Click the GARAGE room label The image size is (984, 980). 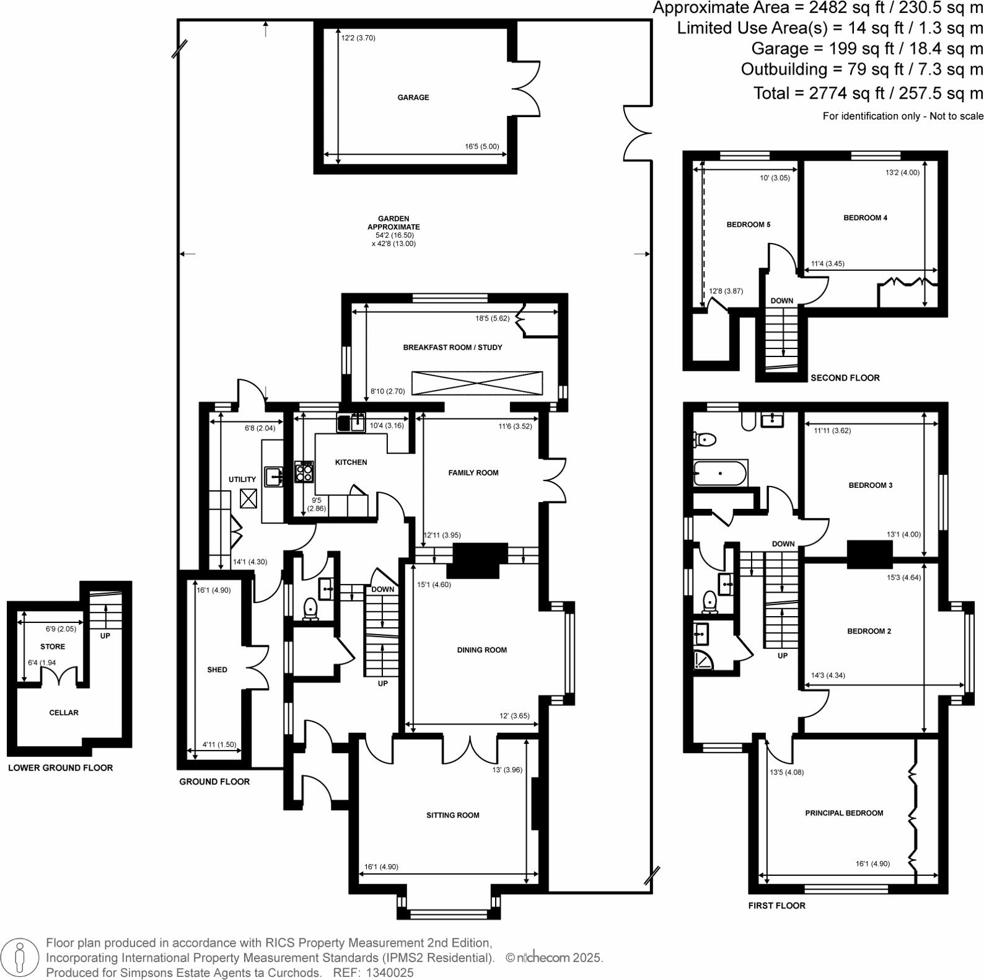413,97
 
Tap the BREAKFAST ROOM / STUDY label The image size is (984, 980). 452,347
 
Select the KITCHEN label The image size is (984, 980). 351,462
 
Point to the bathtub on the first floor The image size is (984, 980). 721,474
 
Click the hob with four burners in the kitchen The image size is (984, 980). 304,473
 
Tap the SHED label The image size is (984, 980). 217,669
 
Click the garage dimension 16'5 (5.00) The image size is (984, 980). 481,147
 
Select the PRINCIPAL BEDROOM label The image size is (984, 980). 844,813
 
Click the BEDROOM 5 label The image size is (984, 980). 748,224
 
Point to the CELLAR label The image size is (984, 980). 64,713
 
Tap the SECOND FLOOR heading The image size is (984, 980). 845,377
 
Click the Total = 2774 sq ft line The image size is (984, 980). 868,93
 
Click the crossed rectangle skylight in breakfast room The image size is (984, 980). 477,383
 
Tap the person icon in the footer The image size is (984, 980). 20,958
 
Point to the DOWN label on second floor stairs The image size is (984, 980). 781,301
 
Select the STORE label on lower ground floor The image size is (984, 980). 53,647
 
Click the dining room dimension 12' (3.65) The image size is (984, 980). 514,716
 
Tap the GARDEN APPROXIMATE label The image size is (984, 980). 393,223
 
